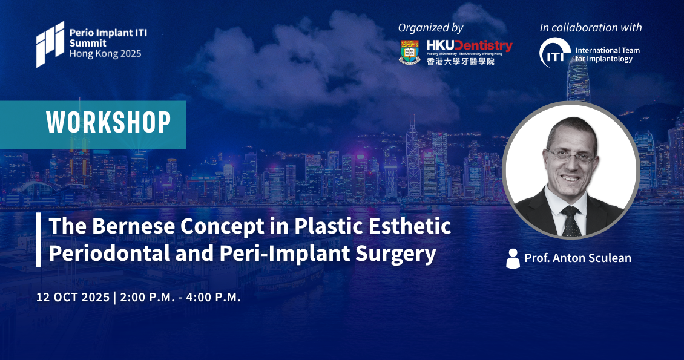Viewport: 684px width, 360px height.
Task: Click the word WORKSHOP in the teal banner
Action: point(108,122)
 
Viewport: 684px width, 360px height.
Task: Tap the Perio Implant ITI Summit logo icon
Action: point(50,44)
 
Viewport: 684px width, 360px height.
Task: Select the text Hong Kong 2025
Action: point(105,54)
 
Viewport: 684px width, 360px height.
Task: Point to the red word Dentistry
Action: point(485,46)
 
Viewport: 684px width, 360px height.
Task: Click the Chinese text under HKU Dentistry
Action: point(461,62)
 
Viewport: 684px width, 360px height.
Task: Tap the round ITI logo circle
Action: point(555,53)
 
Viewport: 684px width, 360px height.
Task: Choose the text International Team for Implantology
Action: point(607,54)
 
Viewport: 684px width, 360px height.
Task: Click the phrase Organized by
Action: point(430,28)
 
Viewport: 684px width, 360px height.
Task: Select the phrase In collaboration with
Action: point(591,27)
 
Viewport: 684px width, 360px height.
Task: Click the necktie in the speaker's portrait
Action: point(570,221)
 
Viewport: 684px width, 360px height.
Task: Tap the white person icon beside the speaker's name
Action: point(513,258)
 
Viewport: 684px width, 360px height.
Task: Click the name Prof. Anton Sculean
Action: point(577,258)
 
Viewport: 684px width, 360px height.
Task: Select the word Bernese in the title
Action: point(134,226)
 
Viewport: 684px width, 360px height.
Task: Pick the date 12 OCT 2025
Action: point(73,297)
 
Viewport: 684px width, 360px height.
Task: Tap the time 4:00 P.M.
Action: point(213,297)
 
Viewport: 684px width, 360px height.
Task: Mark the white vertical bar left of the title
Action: point(38,240)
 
